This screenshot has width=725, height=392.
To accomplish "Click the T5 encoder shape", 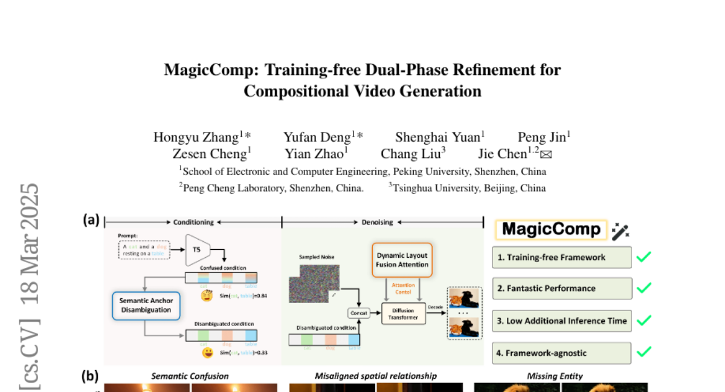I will pyautogui.click(x=196, y=249).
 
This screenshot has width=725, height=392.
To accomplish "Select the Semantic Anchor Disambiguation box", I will pyautogui.click(x=145, y=305).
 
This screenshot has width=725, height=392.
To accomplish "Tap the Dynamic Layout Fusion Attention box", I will pyautogui.click(x=402, y=260).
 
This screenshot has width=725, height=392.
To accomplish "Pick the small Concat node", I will pyautogui.click(x=358, y=313).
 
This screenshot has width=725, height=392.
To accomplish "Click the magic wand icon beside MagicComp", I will pyautogui.click(x=620, y=230).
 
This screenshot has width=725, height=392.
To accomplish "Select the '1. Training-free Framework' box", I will pyautogui.click(x=561, y=257).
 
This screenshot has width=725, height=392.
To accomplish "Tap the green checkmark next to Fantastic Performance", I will pyautogui.click(x=643, y=288).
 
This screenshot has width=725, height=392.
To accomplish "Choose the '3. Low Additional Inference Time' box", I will pyautogui.click(x=561, y=321).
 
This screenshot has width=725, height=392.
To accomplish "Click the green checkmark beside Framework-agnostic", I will pyautogui.click(x=643, y=351).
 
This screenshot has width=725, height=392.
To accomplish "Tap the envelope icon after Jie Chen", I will pyautogui.click(x=546, y=155).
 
